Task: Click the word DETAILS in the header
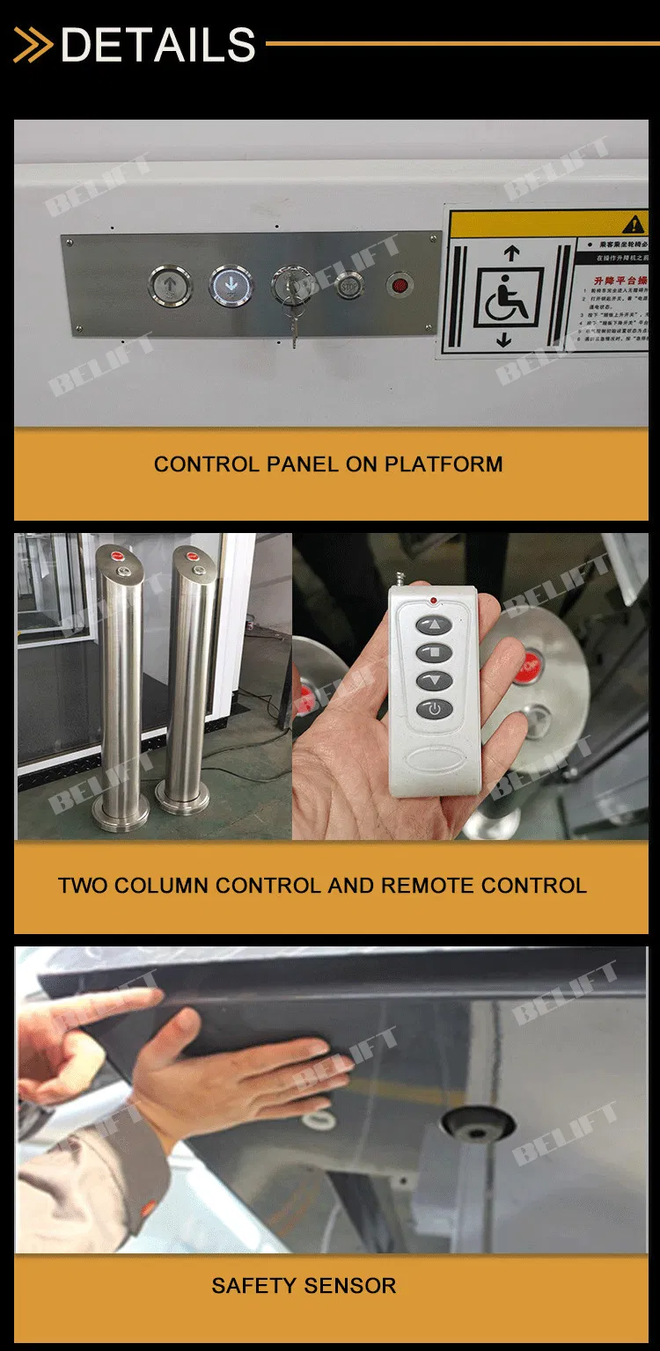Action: coord(158,44)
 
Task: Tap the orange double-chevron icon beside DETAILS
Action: coord(33,45)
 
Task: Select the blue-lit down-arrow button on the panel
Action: coord(231,285)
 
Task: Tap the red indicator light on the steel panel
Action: coord(399,286)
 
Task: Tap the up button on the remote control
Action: coord(434,625)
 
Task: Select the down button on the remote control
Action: coord(434,680)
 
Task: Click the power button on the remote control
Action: coord(435,708)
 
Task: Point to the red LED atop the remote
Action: coord(434,602)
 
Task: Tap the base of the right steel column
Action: coord(182,799)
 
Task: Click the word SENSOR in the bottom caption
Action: coord(351,1285)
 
